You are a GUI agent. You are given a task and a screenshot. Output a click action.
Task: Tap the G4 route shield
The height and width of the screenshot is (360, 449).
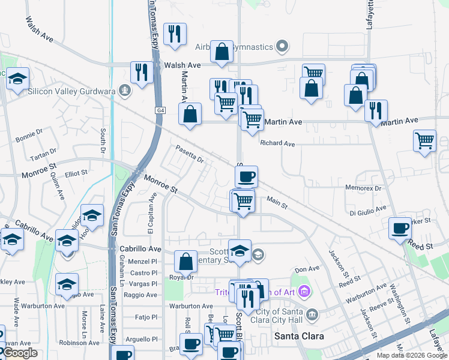[160, 110]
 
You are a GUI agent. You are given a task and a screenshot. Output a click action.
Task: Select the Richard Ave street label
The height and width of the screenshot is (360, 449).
[277, 144]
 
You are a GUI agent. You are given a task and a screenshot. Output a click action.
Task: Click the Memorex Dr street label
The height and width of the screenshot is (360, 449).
[364, 188]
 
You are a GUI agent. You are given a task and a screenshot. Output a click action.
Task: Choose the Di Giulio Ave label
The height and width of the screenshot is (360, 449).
[368, 211]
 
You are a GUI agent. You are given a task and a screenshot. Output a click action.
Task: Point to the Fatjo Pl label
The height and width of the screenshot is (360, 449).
[146, 316]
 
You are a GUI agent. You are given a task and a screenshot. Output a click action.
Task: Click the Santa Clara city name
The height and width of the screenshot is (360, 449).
[299, 336]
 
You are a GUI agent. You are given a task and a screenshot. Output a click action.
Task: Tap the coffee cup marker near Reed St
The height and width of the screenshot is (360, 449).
[400, 229]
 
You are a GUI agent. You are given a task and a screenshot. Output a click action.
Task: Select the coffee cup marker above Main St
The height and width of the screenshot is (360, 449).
[246, 178]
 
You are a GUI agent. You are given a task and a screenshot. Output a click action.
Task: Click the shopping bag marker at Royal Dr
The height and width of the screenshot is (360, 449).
[185, 262]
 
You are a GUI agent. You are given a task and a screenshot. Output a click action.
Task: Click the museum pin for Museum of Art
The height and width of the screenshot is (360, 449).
[304, 292]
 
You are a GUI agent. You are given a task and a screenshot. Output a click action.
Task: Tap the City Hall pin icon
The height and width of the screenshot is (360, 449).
[312, 314]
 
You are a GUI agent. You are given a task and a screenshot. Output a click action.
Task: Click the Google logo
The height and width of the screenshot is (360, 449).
[20, 353]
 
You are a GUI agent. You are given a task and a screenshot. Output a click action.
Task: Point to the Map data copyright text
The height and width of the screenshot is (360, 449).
[411, 355]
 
